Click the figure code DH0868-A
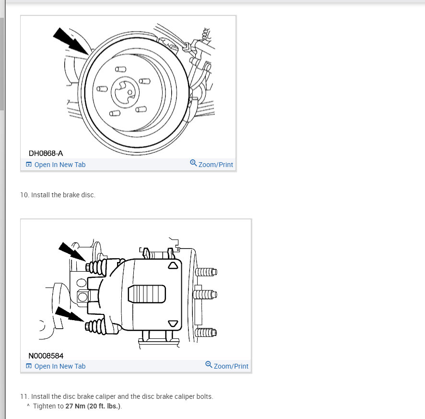pos(46,154)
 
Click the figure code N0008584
pos(46,356)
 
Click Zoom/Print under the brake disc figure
pos(215,165)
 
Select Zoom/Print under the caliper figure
pos(231,366)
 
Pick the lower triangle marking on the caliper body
pos(173,323)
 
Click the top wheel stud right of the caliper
pos(207,272)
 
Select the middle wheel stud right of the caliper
pos(207,293)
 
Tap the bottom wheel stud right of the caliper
pos(207,332)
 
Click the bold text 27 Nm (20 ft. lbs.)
pos(94,406)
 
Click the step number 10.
pos(24,195)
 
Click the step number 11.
pos(24,396)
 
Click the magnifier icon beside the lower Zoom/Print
pos(209,365)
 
